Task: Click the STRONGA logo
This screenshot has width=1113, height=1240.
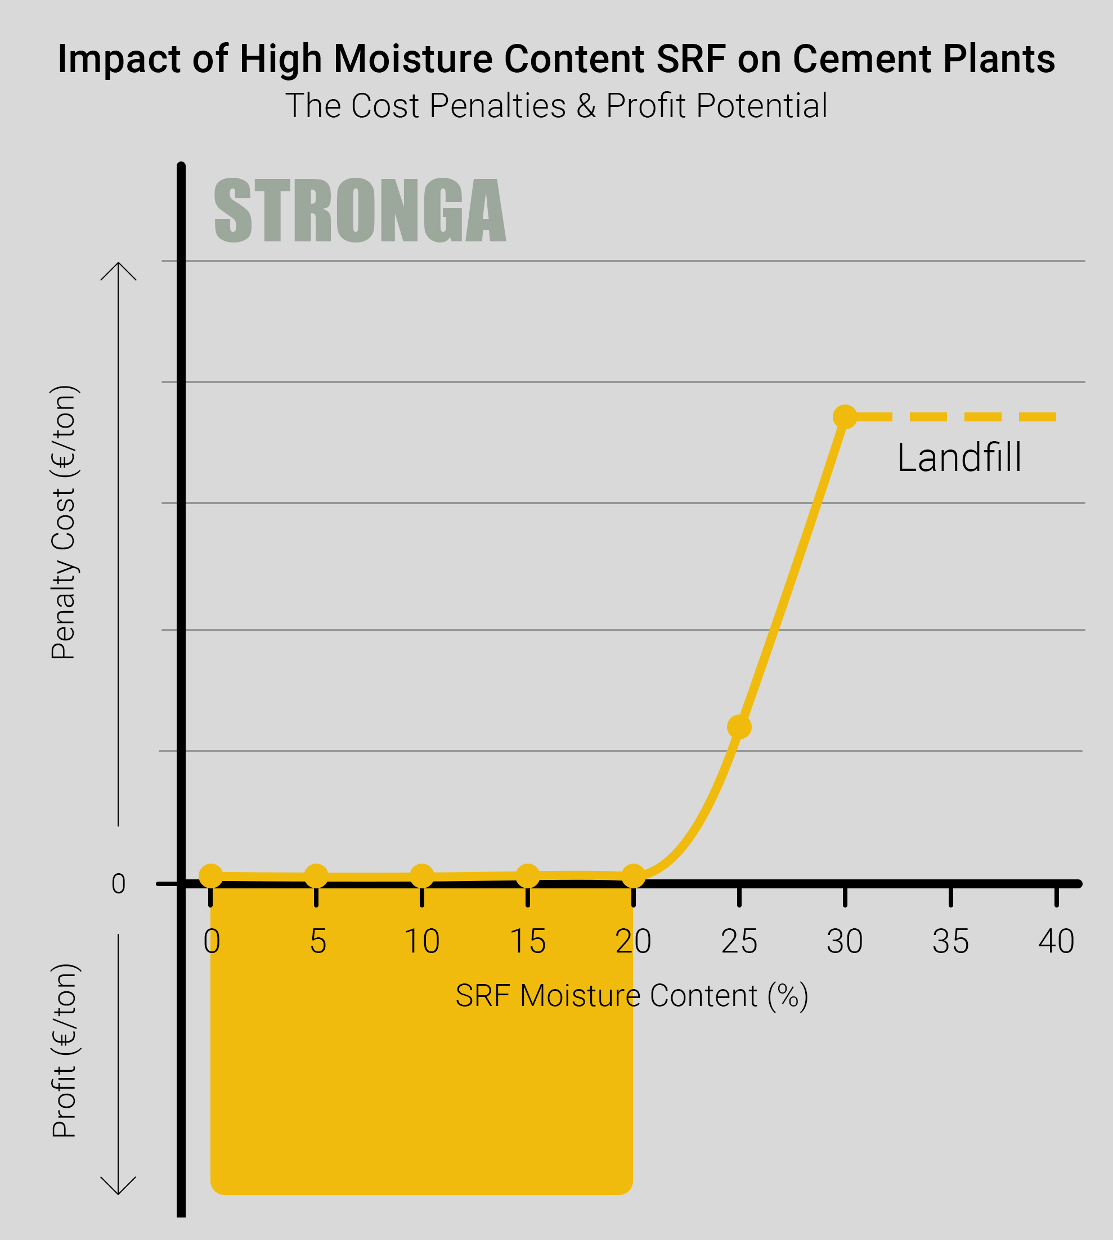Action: tap(360, 210)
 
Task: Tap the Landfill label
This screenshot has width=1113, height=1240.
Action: tap(959, 457)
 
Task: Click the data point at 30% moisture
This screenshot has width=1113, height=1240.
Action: tap(845, 417)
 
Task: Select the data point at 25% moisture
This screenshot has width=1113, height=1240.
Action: tap(739, 727)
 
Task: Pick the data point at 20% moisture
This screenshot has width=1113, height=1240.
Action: tap(634, 876)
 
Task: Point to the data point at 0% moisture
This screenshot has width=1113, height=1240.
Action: tap(211, 876)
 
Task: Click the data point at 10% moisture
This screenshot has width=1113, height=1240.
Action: tap(422, 876)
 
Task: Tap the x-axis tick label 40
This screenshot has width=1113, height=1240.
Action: tap(1056, 942)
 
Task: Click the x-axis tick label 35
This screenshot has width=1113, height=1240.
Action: tap(950, 942)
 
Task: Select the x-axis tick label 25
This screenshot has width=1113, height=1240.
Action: tap(739, 942)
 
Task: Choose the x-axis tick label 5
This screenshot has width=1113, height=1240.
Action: tap(318, 942)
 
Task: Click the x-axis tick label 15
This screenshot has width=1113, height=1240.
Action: tap(528, 942)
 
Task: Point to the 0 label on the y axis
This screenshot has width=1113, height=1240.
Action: tap(119, 884)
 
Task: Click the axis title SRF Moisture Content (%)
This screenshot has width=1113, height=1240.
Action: tap(632, 995)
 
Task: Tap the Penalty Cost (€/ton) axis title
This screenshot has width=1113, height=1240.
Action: tap(64, 522)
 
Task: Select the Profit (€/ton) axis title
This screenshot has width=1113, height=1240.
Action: tap(64, 1050)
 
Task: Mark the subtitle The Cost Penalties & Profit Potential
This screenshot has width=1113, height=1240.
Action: tap(556, 105)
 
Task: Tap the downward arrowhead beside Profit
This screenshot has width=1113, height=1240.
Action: tap(118, 1186)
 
